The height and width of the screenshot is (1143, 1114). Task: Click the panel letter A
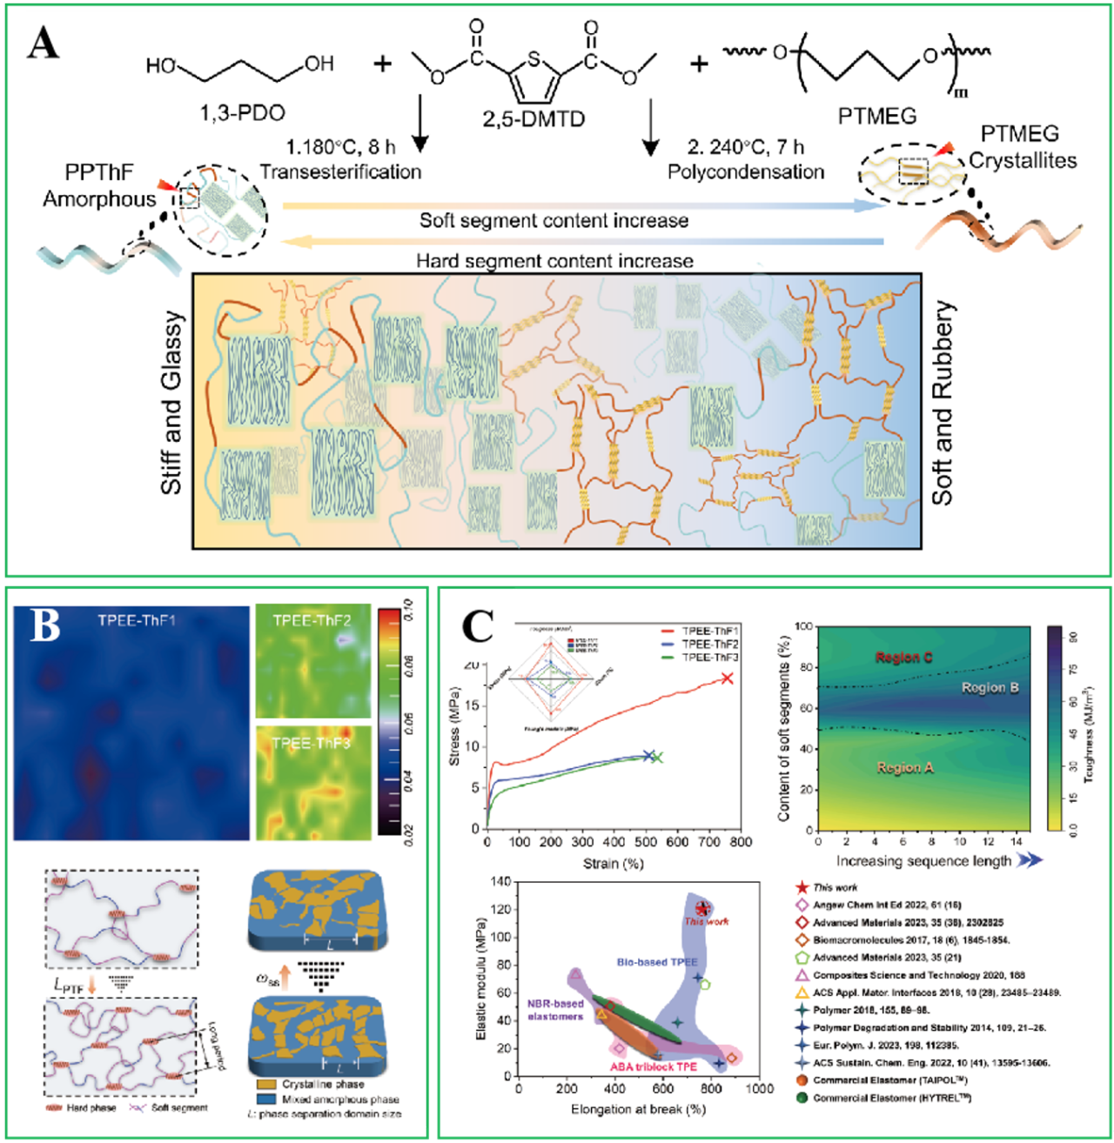pyautogui.click(x=43, y=43)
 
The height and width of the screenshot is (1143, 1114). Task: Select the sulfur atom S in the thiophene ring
pyautogui.click(x=534, y=60)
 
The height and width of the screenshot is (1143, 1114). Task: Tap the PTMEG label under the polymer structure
pyautogui.click(x=877, y=116)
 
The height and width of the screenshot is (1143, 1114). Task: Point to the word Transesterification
pyautogui.click(x=340, y=171)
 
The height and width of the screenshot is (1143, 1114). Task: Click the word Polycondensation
pyautogui.click(x=746, y=171)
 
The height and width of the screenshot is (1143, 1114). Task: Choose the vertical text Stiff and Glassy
pyautogui.click(x=172, y=404)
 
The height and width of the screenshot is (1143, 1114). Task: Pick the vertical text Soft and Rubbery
pyautogui.click(x=943, y=404)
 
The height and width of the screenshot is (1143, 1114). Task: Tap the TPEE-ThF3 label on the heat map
pyautogui.click(x=311, y=744)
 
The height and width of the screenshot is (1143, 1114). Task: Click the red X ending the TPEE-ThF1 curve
pyautogui.click(x=728, y=678)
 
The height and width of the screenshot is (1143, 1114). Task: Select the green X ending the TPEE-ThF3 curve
pyautogui.click(x=657, y=757)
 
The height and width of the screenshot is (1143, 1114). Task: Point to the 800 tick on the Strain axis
pyautogui.click(x=741, y=842)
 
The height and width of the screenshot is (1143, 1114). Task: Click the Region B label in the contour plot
pyautogui.click(x=990, y=688)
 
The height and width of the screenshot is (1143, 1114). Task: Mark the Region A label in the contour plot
pyautogui.click(x=905, y=767)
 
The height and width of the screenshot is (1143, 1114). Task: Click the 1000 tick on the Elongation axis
pyautogui.click(x=760, y=1088)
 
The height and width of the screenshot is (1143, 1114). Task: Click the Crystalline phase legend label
pyautogui.click(x=323, y=1085)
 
